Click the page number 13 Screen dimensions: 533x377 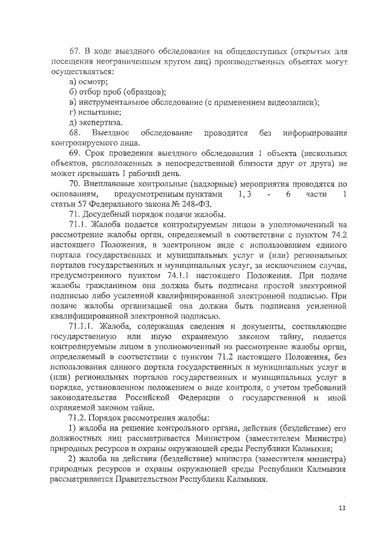[342, 508]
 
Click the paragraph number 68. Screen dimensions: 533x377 [75, 133]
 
